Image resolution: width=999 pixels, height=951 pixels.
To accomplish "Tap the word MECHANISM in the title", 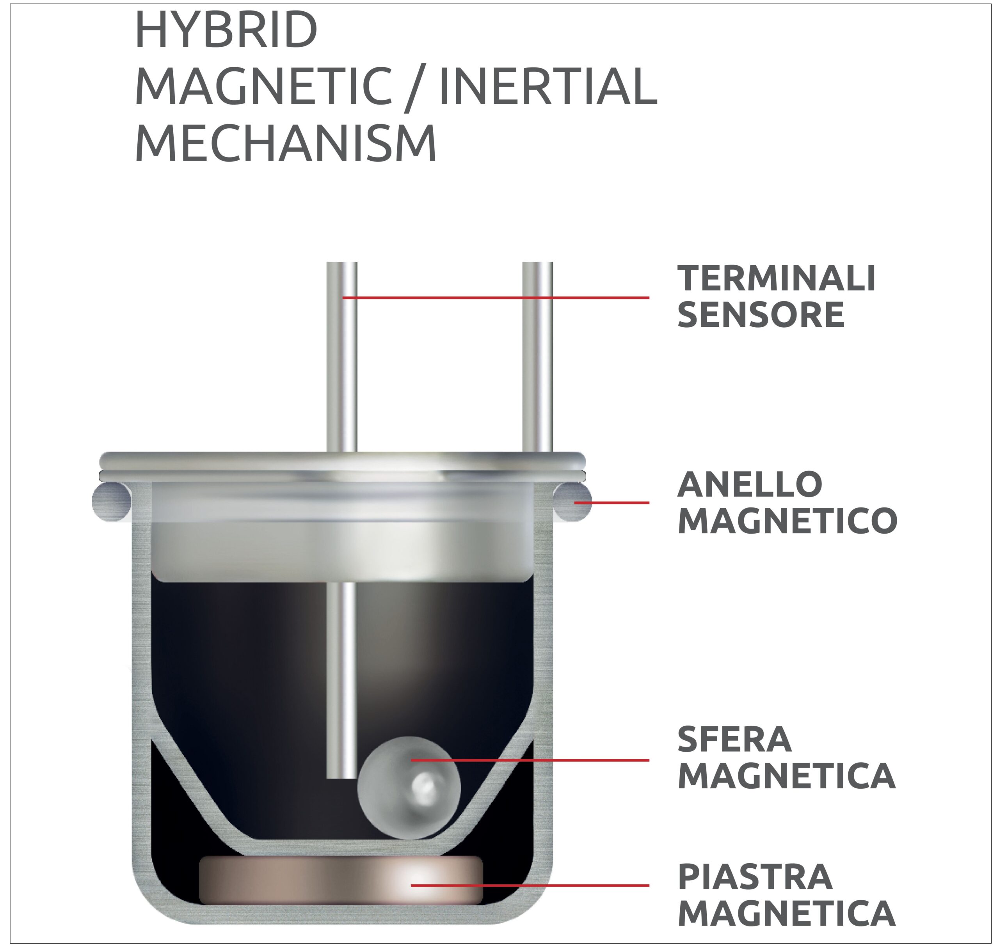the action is pos(286,144).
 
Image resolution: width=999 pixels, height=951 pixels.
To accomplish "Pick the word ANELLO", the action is pos(750,484).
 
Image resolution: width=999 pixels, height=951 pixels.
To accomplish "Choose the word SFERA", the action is pos(734,740).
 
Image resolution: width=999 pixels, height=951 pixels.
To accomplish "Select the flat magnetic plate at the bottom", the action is pos(341,880).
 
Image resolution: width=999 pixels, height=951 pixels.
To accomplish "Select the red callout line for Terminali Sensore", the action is pos(496,298).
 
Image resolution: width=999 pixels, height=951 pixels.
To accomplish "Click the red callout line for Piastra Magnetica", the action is pos(530,885).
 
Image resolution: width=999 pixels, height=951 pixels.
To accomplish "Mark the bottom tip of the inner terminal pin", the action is pos(342,778).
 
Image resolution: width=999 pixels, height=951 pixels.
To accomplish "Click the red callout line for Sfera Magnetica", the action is pos(530,760).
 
